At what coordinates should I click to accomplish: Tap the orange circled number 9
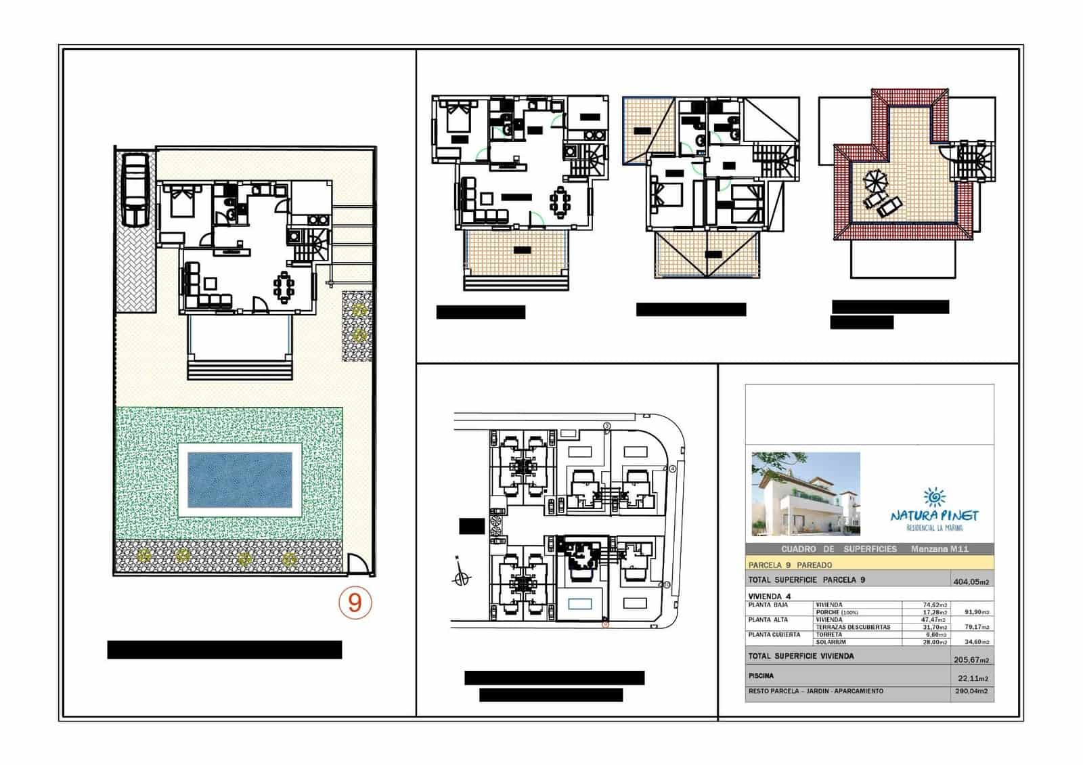coord(355,602)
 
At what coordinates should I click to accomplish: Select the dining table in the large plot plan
coord(284,286)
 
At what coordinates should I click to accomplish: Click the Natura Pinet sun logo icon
coord(935,498)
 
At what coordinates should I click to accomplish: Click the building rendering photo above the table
coord(805,494)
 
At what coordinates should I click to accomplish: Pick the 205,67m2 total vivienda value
coord(971,660)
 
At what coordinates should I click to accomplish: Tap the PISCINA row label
coord(761,676)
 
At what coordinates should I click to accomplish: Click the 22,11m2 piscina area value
coord(973,678)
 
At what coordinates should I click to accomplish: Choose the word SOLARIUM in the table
coord(830,642)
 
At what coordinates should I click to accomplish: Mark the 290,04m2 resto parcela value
coord(971,692)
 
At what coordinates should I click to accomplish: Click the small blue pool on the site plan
coord(580,603)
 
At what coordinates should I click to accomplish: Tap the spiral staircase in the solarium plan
coord(976,162)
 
